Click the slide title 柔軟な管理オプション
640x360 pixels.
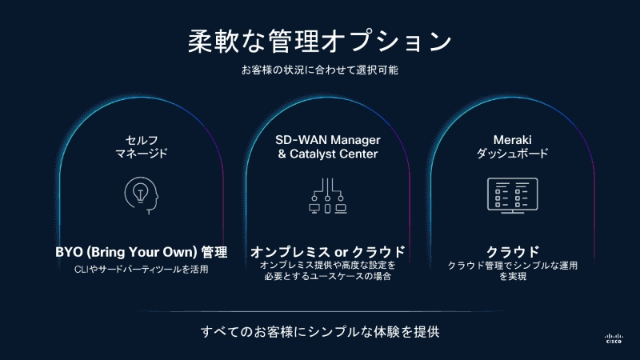click(x=320, y=41)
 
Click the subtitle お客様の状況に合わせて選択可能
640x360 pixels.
click(x=320, y=70)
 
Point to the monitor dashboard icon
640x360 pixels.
click(x=512, y=194)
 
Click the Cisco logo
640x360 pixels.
click(x=614, y=337)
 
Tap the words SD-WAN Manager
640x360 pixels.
click(x=327, y=138)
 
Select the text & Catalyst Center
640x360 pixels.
click(x=327, y=153)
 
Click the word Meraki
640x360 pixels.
click(x=512, y=138)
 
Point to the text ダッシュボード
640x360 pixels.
click(x=512, y=153)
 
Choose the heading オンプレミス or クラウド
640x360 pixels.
click(x=327, y=252)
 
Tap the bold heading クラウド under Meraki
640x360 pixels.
click(x=512, y=252)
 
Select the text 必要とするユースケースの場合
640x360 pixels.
click(x=327, y=278)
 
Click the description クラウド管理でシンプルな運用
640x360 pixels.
click(x=512, y=266)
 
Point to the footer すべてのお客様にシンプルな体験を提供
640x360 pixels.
click(x=320, y=330)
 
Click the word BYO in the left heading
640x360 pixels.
click(x=69, y=252)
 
